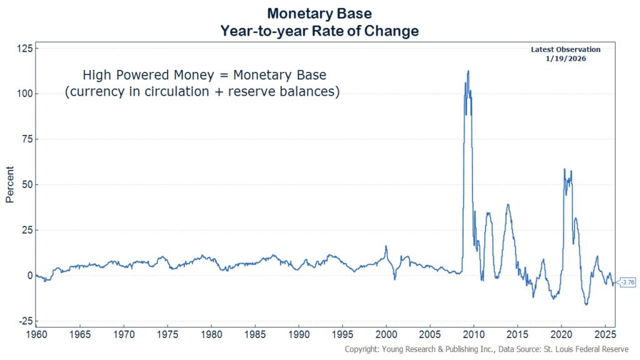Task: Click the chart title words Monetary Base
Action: coord(319,13)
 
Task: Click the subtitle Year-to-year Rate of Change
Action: coord(319,31)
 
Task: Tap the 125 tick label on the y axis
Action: coord(25,49)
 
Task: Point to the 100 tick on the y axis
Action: coord(25,94)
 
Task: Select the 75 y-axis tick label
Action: coord(27,139)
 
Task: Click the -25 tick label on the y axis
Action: coord(25,321)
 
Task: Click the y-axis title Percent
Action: coord(10,185)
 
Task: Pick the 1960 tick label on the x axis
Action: coord(36,335)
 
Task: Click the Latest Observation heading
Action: coord(566,49)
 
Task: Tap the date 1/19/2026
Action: coord(566,58)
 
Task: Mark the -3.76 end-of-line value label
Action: coord(626,282)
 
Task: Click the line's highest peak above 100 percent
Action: coord(467,71)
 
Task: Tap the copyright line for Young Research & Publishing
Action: coord(486,349)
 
